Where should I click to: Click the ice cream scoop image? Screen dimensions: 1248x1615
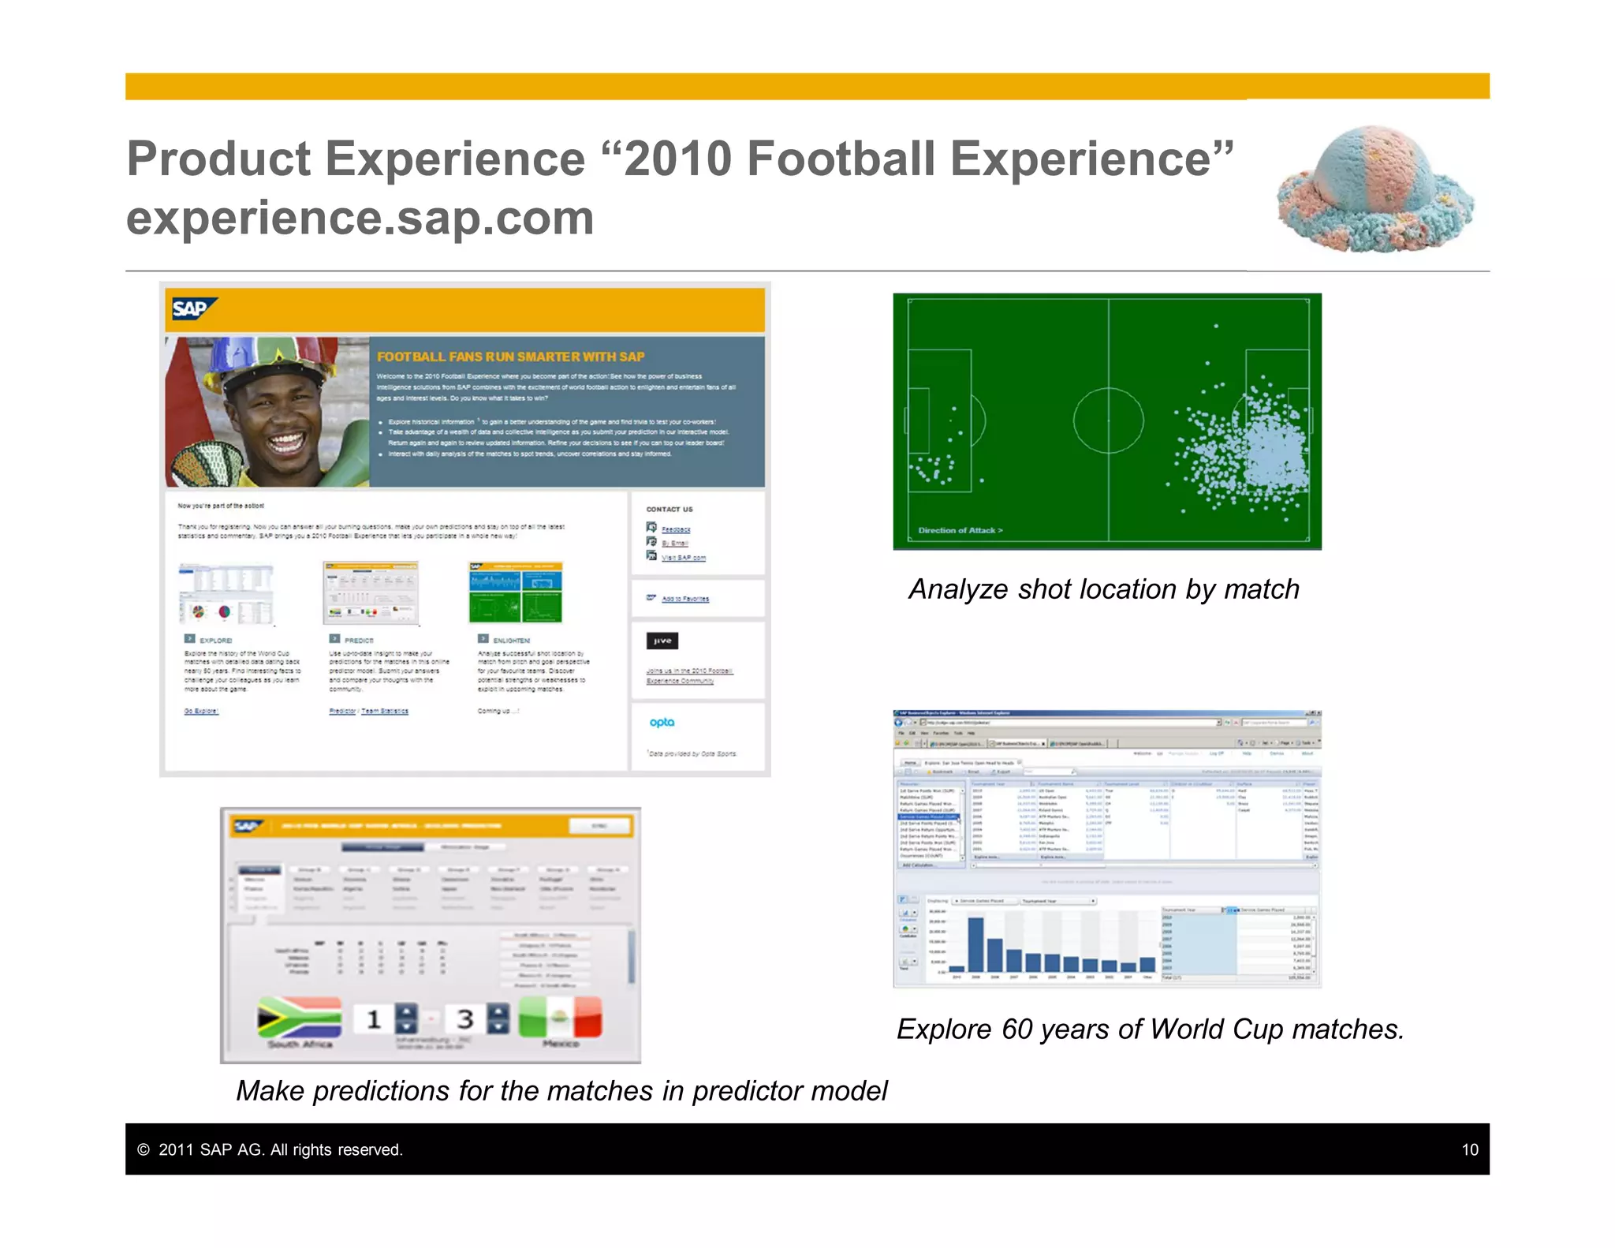click(x=1375, y=189)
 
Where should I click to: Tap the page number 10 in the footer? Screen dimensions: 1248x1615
click(x=1469, y=1149)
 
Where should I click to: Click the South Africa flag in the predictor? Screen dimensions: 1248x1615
click(x=299, y=1018)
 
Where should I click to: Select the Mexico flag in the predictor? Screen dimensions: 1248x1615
click(x=561, y=1018)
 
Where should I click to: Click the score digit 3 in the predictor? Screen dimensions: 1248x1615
click(x=464, y=1018)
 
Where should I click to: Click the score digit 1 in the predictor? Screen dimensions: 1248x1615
click(x=374, y=1019)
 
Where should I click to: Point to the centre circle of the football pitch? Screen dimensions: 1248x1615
click(x=1108, y=420)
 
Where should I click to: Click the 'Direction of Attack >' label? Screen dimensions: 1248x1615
click(x=960, y=530)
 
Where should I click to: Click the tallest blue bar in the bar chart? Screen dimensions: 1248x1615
click(x=975, y=943)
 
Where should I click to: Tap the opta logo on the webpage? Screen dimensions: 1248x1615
click(x=662, y=722)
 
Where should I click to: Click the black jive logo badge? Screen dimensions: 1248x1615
click(x=662, y=641)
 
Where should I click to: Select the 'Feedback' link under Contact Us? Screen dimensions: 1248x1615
click(x=676, y=529)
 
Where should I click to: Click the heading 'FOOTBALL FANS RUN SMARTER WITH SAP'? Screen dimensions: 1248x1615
click(x=510, y=357)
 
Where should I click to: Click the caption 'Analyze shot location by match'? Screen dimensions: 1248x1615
click(x=1103, y=589)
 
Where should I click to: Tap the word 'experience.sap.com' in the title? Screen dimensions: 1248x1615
click(x=360, y=219)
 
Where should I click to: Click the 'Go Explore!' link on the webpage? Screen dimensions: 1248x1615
click(x=201, y=711)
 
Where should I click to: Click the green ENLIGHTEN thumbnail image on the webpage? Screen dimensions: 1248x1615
click(x=515, y=593)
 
